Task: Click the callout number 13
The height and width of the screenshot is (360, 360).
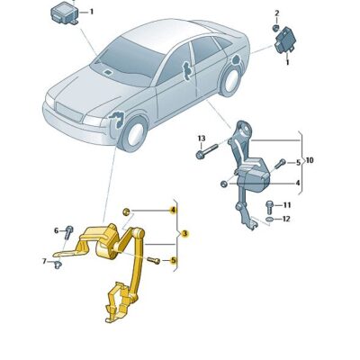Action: click(202, 138)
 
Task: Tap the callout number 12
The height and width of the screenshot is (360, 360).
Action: click(285, 219)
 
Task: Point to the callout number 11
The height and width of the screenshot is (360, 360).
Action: click(285, 206)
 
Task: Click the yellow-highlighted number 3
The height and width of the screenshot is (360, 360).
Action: click(184, 234)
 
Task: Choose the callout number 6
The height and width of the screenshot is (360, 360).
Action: click(56, 230)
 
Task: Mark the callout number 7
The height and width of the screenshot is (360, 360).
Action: click(43, 261)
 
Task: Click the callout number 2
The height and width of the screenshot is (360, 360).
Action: click(276, 13)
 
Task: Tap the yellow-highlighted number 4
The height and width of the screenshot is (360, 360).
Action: click(172, 210)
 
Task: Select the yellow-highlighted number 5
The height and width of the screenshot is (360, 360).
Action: click(173, 261)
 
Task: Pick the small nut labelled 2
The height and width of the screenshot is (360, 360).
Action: click(275, 28)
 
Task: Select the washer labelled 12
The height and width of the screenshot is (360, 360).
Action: click(269, 219)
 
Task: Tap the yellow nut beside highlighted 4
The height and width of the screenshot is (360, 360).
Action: click(127, 211)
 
